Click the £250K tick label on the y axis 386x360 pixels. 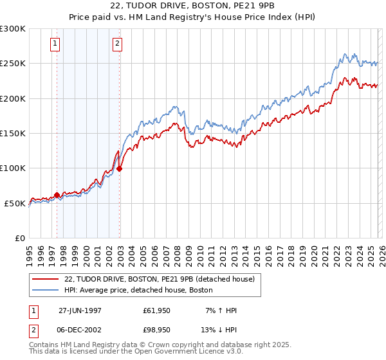(x=13, y=64)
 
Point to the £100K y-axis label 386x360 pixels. (x=13, y=168)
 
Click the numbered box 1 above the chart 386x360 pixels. (x=55, y=44)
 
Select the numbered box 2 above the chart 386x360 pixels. (x=118, y=44)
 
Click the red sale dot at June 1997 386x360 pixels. (x=57, y=195)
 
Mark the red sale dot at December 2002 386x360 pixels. (x=120, y=169)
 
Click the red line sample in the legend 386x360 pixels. (x=46, y=279)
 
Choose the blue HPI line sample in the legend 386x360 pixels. (x=46, y=290)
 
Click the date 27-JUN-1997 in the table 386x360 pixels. (x=80, y=310)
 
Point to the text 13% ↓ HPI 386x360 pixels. (x=219, y=329)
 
